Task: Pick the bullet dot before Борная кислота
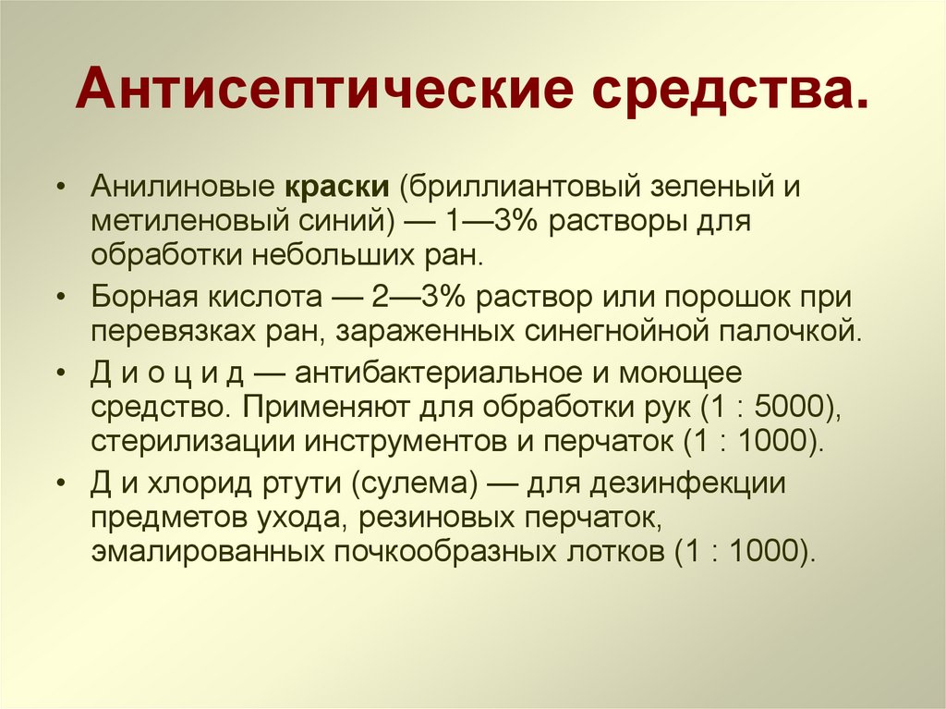coord(60,299)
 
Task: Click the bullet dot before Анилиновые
coord(60,189)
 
